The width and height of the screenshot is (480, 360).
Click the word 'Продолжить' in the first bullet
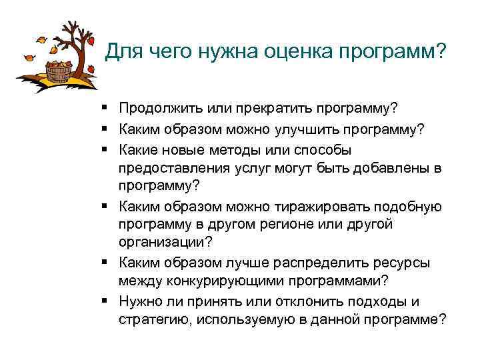[x=160, y=108]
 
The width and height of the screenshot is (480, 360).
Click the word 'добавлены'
[x=393, y=169]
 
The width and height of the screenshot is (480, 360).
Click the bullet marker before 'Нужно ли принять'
[x=107, y=300]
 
